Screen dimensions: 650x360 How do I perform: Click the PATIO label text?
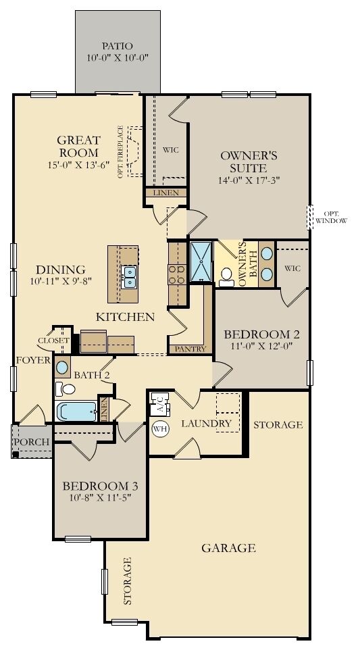click(x=118, y=45)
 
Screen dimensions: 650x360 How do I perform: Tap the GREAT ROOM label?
click(x=78, y=147)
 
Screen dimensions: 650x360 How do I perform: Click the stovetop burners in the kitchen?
click(x=176, y=273)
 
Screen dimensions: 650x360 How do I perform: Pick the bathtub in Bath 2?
click(x=76, y=411)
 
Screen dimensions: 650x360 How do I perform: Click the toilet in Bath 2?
click(x=66, y=389)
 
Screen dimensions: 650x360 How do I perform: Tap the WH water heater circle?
click(x=160, y=428)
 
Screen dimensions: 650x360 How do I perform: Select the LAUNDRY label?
click(x=207, y=424)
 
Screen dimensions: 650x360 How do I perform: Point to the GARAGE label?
click(x=228, y=548)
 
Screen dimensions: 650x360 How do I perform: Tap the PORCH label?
click(x=32, y=442)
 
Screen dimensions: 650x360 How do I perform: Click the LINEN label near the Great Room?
click(x=166, y=193)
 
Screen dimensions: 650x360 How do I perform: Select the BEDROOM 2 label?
click(x=261, y=334)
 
